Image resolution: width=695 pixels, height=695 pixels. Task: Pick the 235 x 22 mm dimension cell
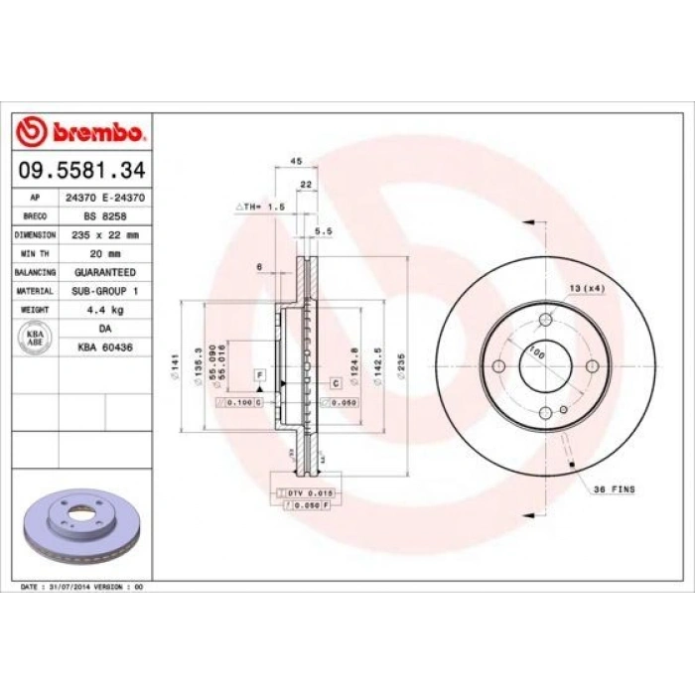tap(103, 236)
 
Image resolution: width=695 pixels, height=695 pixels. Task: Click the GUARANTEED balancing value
tap(103, 272)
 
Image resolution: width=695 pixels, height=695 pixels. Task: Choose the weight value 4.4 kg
tap(103, 309)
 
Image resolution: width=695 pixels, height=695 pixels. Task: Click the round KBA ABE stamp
tap(34, 337)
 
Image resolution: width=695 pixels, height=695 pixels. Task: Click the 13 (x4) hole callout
tap(587, 288)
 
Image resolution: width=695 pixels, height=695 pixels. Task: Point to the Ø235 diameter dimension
tap(400, 367)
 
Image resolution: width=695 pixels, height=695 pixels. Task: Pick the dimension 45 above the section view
tap(295, 160)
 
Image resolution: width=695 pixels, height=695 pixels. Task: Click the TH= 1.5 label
tap(260, 206)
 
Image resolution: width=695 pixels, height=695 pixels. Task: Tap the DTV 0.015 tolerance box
tap(301, 492)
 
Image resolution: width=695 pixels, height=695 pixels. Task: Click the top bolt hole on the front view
tap(545, 320)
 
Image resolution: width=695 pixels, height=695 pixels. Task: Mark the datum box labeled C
tap(336, 382)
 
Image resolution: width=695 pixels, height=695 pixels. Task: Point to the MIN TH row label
tap(35, 254)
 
